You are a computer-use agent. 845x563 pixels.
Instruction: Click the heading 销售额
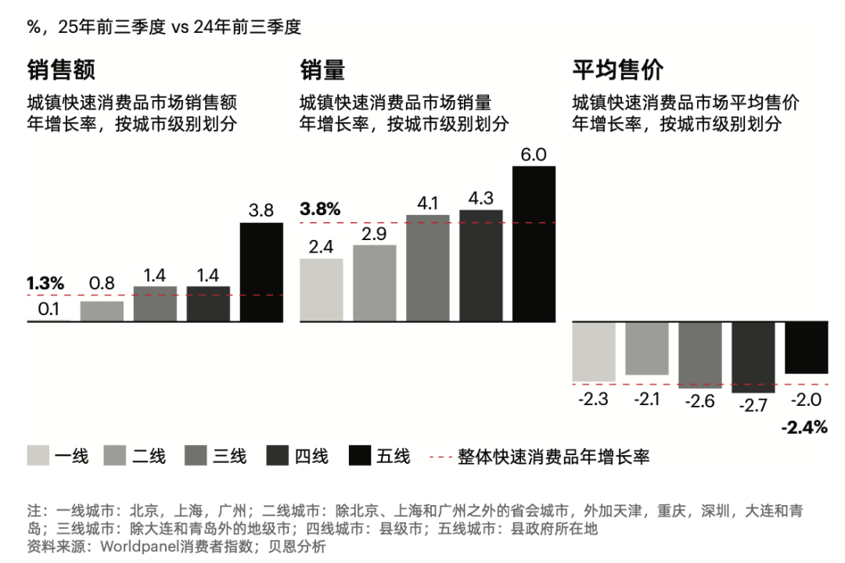61,70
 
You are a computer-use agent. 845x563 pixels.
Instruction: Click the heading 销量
322,70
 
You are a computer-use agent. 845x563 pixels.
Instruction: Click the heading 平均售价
618,70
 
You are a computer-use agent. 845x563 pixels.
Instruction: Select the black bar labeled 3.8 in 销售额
261,272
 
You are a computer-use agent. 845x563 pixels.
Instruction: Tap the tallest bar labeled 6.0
534,243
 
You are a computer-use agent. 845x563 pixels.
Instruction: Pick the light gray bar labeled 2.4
322,289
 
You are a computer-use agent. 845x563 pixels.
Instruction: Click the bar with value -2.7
753,356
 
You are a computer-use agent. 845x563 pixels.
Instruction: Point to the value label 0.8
102,285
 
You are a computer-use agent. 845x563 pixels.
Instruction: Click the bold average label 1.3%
45,283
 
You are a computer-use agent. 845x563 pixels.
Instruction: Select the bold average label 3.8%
320,210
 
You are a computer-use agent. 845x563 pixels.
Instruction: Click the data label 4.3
480,197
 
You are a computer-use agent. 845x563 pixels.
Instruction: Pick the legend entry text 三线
230,456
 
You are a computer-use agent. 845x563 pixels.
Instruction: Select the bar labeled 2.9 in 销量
375,283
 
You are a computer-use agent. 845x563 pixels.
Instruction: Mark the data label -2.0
806,400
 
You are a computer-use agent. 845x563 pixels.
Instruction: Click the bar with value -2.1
646,348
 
